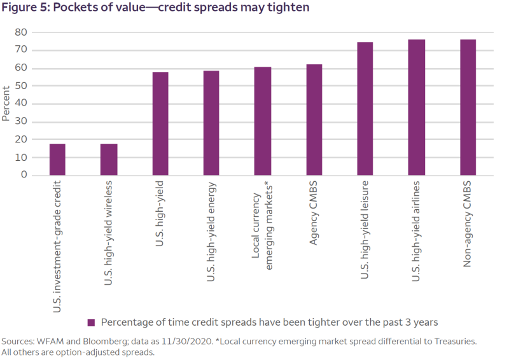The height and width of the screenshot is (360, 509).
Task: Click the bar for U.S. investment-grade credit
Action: point(57,160)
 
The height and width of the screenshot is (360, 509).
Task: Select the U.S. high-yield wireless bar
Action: point(109,160)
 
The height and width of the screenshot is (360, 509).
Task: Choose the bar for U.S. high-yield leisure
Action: point(365,109)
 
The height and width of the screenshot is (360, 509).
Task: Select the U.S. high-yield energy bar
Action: point(211,123)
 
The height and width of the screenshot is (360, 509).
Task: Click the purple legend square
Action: point(91,322)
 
